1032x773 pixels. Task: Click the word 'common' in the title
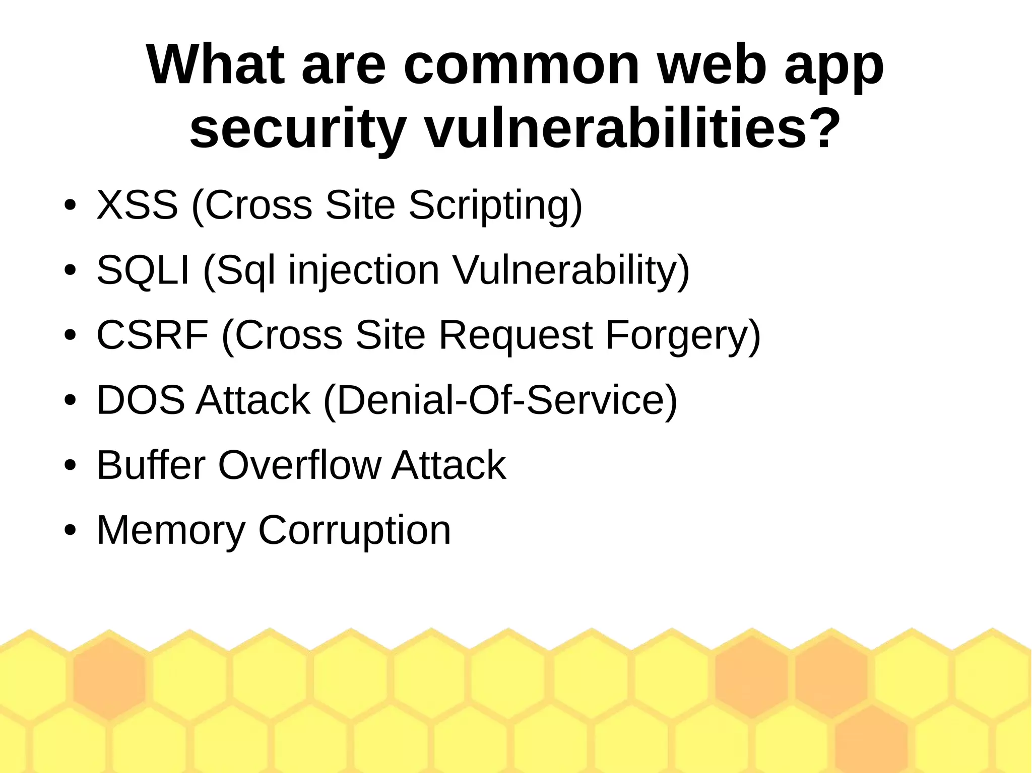pos(521,65)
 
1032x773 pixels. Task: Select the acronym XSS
pos(137,204)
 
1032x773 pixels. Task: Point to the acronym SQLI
pos(143,270)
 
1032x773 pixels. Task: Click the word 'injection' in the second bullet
pos(364,271)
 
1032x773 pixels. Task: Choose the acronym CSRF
pos(152,335)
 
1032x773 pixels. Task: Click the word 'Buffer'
pos(151,464)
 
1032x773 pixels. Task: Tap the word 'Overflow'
pos(299,464)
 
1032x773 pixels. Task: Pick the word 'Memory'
pos(170,530)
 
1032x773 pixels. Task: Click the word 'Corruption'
pos(354,531)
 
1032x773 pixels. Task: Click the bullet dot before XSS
pos(70,205)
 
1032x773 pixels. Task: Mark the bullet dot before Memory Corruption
pos(70,530)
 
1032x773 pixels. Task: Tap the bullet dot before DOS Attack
pos(70,400)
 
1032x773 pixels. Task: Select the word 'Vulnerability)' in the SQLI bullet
pos(571,271)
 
